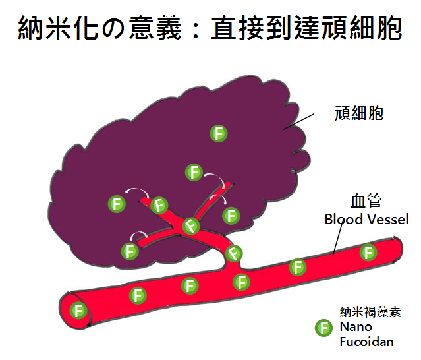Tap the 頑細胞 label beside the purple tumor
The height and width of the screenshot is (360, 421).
click(359, 113)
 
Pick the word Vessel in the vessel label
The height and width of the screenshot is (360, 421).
click(387, 219)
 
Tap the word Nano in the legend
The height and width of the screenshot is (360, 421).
click(356, 327)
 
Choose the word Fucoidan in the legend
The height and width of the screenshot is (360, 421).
click(366, 342)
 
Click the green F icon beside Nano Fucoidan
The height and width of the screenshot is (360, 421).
click(323, 328)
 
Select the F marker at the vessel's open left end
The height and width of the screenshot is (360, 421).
click(78, 310)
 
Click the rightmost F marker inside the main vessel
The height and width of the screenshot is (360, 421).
click(368, 252)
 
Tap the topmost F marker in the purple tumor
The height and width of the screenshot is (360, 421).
click(219, 133)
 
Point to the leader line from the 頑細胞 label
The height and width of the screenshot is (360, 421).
click(298, 121)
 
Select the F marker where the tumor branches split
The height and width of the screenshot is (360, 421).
click(191, 226)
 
